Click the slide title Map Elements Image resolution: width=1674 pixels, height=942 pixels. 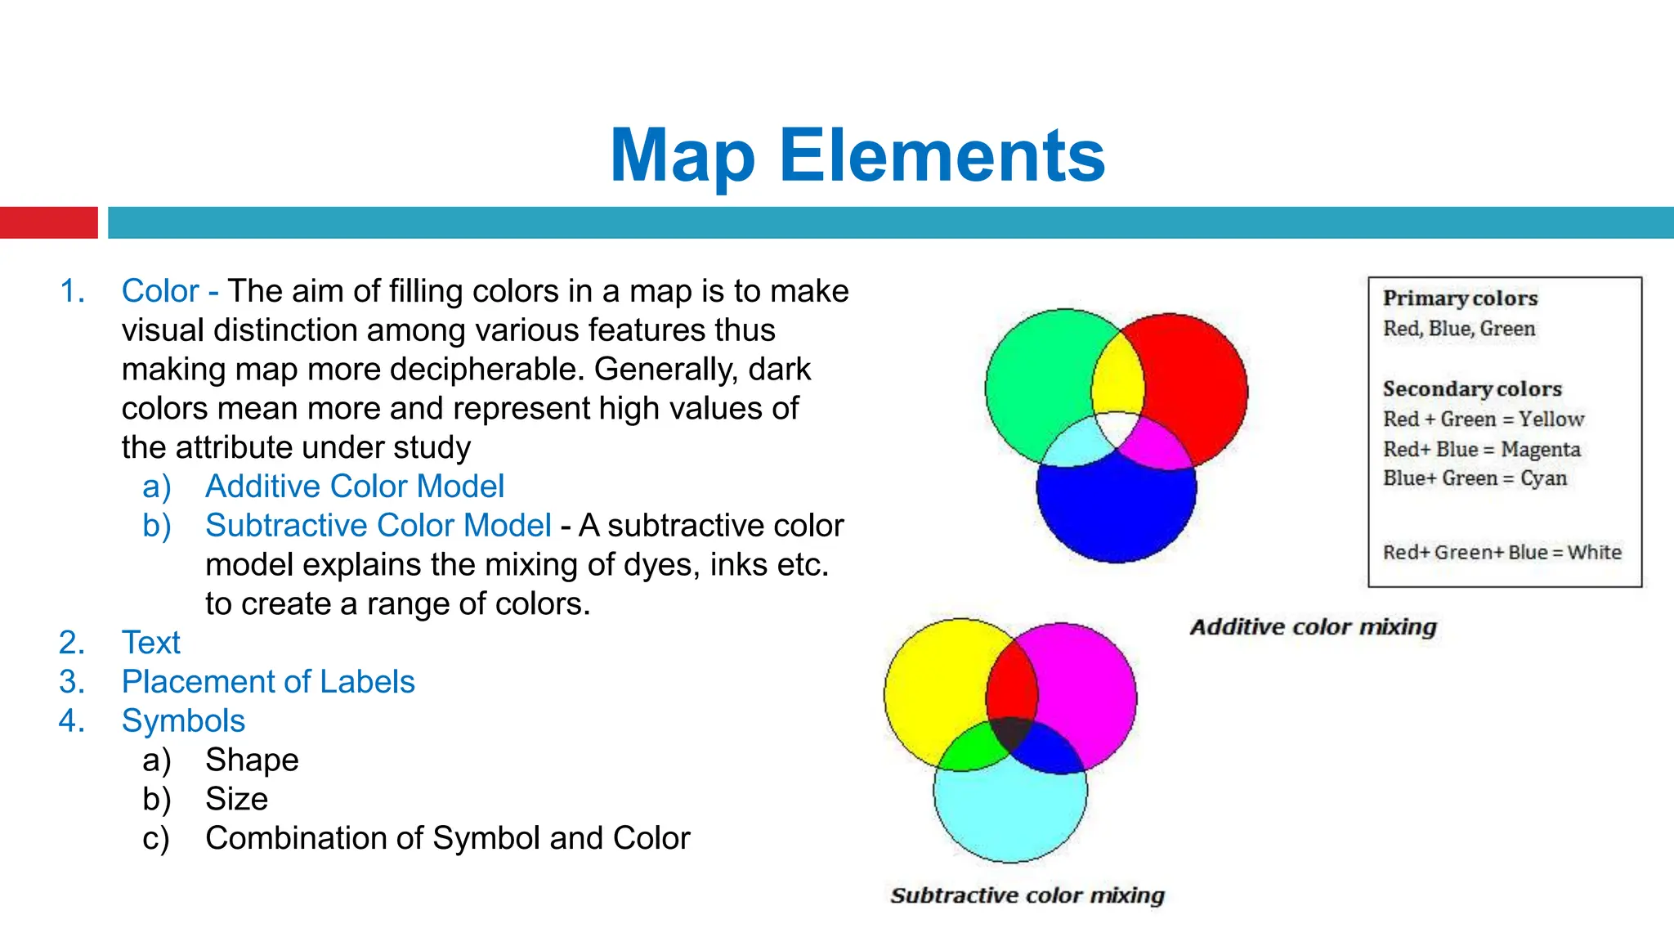pyautogui.click(x=857, y=155)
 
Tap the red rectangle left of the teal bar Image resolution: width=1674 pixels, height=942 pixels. pyautogui.click(x=48, y=222)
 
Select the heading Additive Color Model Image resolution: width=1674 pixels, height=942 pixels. pyautogui.click(x=354, y=487)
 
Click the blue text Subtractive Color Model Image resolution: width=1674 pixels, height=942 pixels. pyautogui.click(x=378, y=526)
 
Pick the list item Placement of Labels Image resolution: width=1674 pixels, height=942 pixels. pyautogui.click(x=268, y=682)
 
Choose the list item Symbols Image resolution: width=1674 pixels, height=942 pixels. pyautogui.click(x=183, y=721)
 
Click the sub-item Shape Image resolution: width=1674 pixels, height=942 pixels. pyautogui.click(x=252, y=760)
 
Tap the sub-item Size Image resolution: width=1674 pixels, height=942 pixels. pyautogui.click(x=236, y=799)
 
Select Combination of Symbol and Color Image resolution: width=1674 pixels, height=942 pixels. pyautogui.click(x=447, y=838)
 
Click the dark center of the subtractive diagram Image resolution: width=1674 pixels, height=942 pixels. pyautogui.click(x=1012, y=732)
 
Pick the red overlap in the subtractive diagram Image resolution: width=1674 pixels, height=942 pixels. pyautogui.click(x=1011, y=683)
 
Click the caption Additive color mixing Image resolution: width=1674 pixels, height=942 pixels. pyautogui.click(x=1313, y=627)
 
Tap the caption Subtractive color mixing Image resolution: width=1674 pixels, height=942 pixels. pyautogui.click(x=1027, y=895)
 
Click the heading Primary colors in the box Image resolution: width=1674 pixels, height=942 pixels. pyautogui.click(x=1460, y=298)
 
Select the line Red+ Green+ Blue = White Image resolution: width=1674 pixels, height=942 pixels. pyautogui.click(x=1502, y=553)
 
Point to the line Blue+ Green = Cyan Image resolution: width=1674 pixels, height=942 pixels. pyautogui.click(x=1475, y=478)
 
